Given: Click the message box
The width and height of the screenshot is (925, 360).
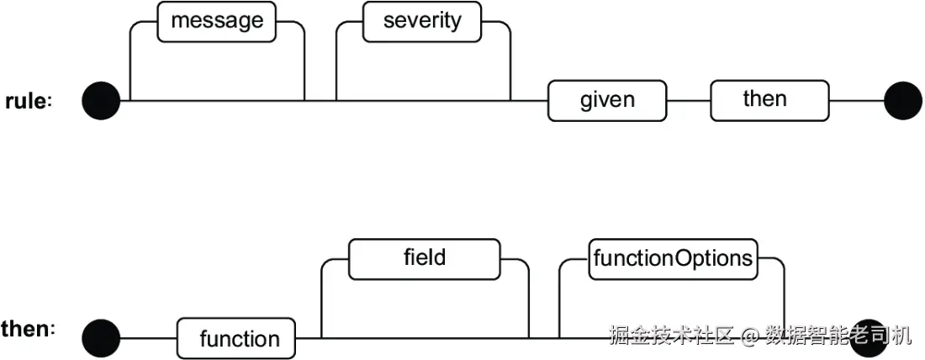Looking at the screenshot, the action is tap(216, 22).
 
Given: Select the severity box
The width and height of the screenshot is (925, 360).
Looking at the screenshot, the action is tap(422, 22).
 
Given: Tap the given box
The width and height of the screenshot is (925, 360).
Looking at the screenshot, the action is tap(607, 101).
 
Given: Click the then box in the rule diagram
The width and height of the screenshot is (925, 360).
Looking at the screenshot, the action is tap(769, 101).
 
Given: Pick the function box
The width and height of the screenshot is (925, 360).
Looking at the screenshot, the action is tap(236, 339).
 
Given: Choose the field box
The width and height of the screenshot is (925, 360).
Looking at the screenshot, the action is tap(424, 259).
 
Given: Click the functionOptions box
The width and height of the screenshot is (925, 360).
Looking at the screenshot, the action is tap(673, 259).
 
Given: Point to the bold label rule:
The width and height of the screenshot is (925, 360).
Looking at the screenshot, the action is tap(29, 102).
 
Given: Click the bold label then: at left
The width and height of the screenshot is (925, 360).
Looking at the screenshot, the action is tap(29, 330).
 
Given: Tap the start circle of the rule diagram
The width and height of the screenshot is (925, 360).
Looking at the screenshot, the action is tap(101, 101).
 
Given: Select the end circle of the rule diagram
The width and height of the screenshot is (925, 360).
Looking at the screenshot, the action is tap(902, 101).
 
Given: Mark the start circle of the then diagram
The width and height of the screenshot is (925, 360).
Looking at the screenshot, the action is tap(101, 339).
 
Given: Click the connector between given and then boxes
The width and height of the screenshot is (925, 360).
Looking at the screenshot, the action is tap(689, 101).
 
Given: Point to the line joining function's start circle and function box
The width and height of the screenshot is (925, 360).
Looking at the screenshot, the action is tap(149, 339).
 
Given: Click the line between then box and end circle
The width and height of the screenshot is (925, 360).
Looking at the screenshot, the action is tap(857, 101).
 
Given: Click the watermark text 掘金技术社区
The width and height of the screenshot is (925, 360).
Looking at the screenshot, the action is tap(672, 336).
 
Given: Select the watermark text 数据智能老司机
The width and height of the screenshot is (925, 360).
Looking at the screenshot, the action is tap(838, 336).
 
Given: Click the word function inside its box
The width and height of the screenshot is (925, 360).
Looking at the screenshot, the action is tap(240, 339).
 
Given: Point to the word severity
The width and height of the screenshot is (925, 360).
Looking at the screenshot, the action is tap(422, 21).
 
